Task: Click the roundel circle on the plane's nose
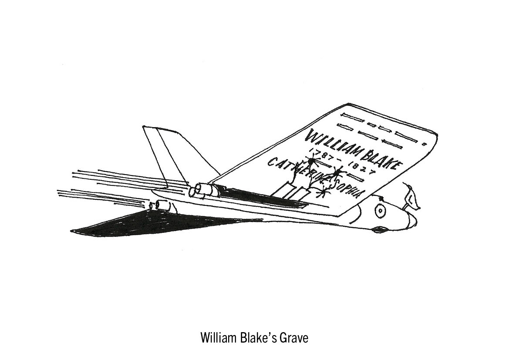(381, 211)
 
